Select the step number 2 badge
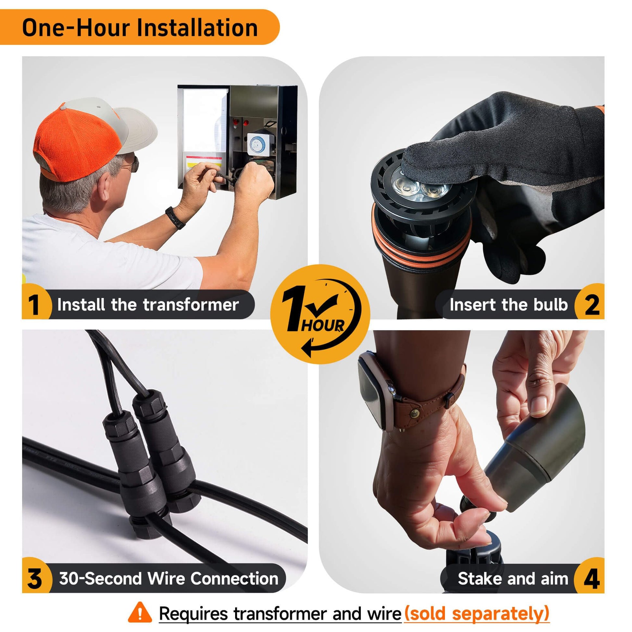[590, 304]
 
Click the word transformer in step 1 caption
[191, 305]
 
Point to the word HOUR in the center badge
[322, 325]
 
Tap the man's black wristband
[175, 217]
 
